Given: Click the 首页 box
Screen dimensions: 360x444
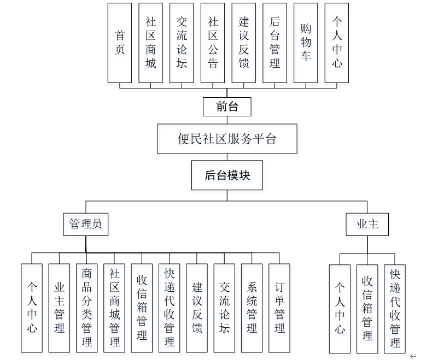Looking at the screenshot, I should tap(120, 43).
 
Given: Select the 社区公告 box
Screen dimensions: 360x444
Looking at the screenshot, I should tap(213, 43).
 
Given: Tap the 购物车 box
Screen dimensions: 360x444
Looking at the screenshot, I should tap(306, 43).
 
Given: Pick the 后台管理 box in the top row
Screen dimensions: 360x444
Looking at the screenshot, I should tap(274, 43).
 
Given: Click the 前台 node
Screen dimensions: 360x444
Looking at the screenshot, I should tap(227, 107).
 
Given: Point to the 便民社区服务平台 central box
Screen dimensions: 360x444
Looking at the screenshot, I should tap(227, 139).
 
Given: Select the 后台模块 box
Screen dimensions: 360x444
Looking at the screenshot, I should tap(227, 175).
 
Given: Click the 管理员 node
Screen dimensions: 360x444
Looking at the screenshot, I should tap(85, 224).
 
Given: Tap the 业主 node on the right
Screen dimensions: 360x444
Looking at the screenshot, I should tap(367, 224).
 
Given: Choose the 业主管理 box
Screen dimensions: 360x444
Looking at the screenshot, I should tap(59, 308).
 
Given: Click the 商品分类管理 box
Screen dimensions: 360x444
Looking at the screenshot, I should tap(86, 308).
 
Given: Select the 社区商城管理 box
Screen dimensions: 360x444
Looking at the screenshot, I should tap(114, 308).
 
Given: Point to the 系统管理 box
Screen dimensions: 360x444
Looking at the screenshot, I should tap(252, 308).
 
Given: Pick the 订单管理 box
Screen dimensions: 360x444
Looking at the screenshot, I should tap(279, 308).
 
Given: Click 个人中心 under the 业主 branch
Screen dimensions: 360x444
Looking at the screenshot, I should tap(340, 308).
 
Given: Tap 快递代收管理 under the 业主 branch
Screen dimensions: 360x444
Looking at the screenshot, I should tap(395, 308).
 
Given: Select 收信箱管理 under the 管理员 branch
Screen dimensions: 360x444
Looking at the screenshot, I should tap(142, 308).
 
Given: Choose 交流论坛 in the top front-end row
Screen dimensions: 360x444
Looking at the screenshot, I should tap(182, 43).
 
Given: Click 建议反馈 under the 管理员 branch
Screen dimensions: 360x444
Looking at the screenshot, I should tap(197, 308).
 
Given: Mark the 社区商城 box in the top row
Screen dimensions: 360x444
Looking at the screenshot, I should tap(150, 43).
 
